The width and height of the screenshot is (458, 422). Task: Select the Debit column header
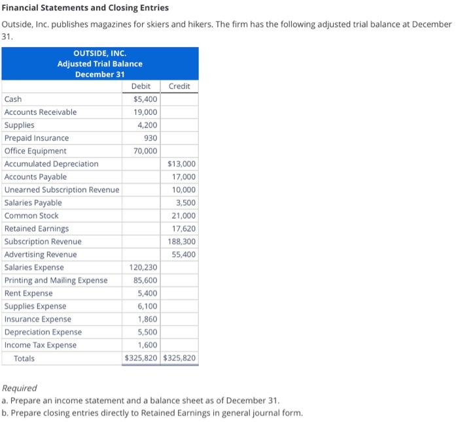(141, 86)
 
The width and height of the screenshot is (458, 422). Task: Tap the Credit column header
(179, 86)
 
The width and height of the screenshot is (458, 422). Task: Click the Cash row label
(13, 99)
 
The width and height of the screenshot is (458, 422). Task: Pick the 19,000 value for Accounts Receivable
(145, 112)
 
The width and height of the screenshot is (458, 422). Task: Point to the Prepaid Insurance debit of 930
(150, 138)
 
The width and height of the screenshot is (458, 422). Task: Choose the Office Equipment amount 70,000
(145, 151)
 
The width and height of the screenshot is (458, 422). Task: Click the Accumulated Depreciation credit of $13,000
(182, 164)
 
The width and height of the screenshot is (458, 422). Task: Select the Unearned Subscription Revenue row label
(62, 189)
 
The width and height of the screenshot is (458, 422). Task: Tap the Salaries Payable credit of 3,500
(186, 203)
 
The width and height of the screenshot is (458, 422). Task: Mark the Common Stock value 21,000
(184, 216)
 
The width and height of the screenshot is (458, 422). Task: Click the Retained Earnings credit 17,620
(184, 229)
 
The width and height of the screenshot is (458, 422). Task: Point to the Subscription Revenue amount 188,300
(182, 242)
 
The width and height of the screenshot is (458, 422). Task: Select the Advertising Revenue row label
(41, 254)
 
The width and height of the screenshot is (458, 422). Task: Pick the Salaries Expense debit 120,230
(143, 267)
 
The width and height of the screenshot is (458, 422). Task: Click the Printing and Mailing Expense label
(56, 280)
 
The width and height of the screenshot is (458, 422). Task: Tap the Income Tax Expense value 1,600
(147, 345)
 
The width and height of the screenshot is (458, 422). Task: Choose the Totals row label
(24, 359)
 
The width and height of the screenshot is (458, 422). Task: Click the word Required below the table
(20, 388)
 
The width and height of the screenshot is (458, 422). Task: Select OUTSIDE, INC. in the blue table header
(99, 53)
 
